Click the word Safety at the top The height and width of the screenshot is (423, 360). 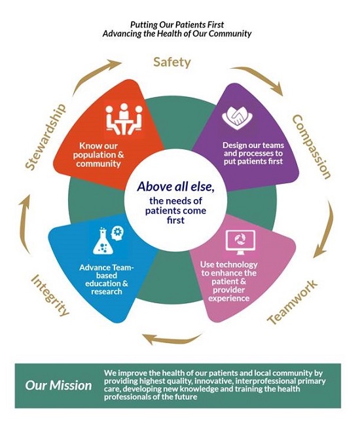point(172,62)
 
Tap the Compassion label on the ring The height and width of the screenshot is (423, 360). point(312,147)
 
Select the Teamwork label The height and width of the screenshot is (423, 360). point(293,302)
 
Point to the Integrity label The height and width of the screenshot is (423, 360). point(50,295)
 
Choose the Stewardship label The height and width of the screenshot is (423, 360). point(45,136)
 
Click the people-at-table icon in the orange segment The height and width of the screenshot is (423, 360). point(124,119)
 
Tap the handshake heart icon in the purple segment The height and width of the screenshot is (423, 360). point(238,118)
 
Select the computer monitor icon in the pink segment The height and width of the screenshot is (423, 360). point(240,242)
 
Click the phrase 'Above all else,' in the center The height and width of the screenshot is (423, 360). point(176,187)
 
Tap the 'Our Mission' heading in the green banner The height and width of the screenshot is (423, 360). point(58,385)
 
